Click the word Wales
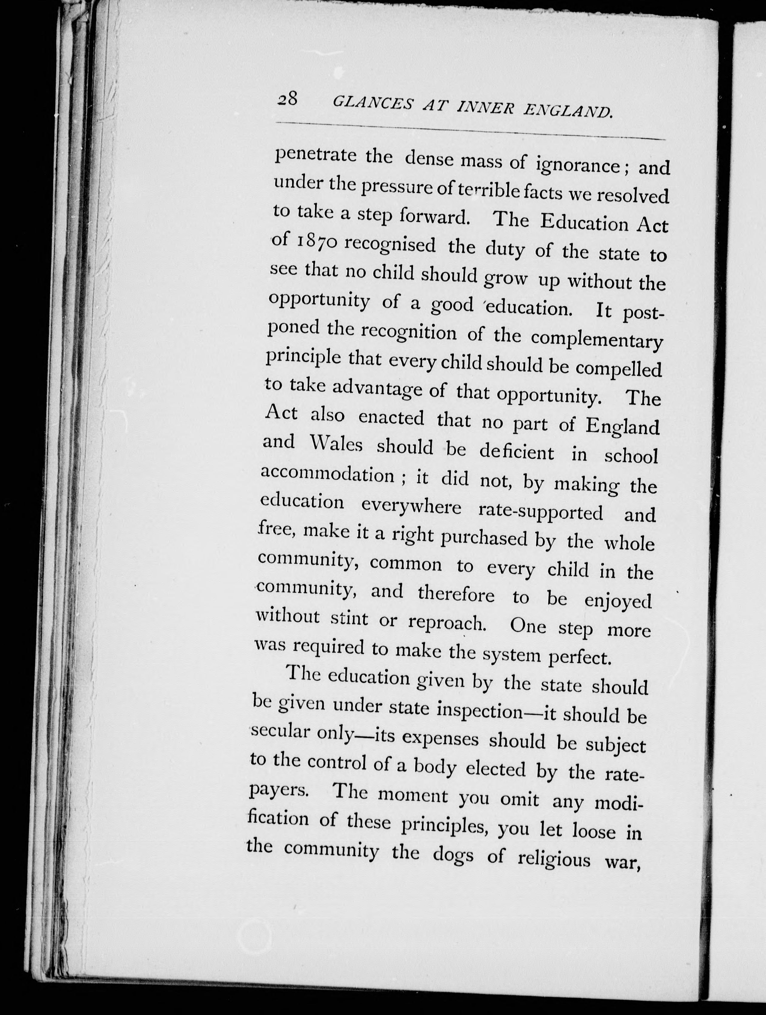[337, 445]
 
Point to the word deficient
[517, 452]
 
